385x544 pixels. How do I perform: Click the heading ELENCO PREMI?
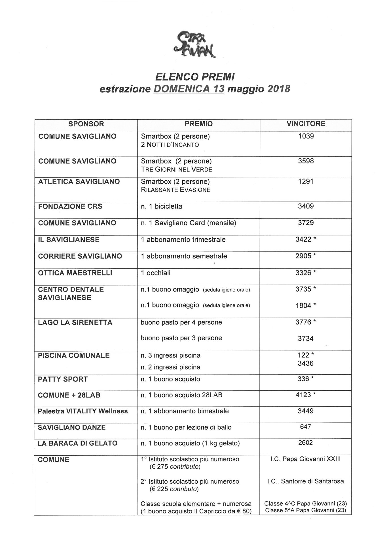[195, 77]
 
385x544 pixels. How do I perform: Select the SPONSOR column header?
[86, 124]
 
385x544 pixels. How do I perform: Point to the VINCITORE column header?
[306, 124]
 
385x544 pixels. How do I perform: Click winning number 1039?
[306, 136]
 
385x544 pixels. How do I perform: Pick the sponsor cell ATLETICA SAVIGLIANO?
[79, 182]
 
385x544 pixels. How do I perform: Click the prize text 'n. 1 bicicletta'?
[162, 207]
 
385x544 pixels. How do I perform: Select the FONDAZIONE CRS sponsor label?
[70, 207]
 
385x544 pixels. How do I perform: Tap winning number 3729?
[306, 223]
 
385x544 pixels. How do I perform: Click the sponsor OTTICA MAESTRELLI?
[75, 273]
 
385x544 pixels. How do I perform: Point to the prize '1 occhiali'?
[156, 273]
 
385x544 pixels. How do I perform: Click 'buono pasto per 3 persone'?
[181, 338]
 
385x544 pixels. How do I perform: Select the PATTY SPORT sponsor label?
[63, 379]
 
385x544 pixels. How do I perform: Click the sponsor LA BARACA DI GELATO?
[77, 443]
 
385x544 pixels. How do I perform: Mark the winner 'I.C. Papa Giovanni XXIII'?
[305, 459]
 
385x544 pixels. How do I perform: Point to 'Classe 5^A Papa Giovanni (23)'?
[305, 511]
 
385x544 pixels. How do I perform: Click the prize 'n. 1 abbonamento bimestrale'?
[185, 411]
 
